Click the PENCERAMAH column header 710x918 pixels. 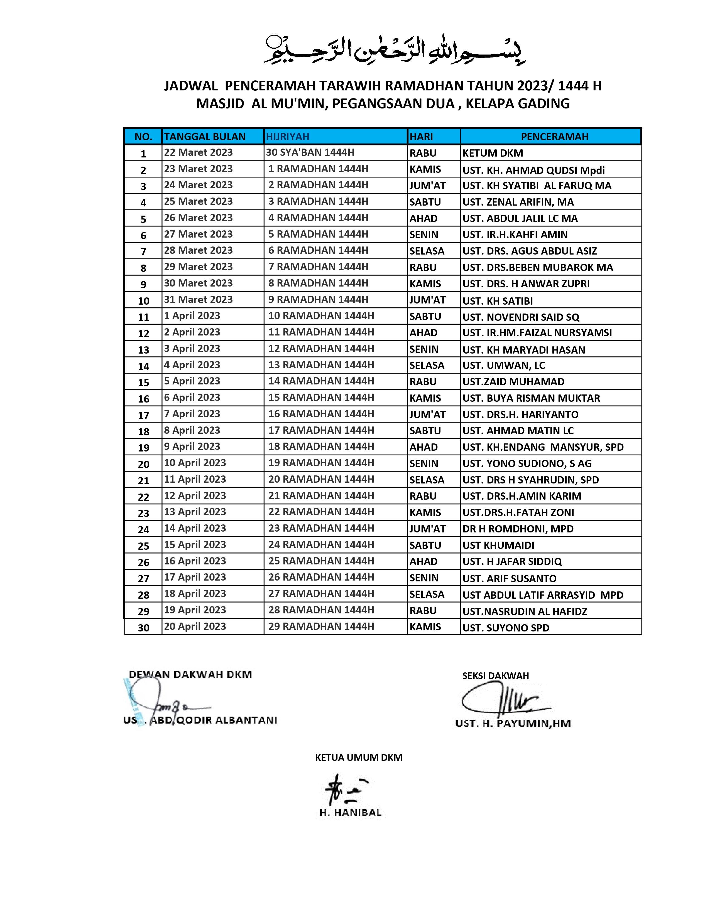554,137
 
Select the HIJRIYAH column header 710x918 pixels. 288,137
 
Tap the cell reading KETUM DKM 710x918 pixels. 493,153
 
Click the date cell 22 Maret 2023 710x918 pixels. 198,152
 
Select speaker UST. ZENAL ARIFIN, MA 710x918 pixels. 518,202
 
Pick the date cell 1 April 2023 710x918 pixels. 192,316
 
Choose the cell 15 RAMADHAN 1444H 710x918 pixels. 321,398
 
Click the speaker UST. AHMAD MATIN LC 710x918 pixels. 518,431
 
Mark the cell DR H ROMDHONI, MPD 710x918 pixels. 518,529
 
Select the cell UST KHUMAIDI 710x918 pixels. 498,545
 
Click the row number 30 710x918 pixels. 143,628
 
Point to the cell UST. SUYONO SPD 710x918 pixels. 506,628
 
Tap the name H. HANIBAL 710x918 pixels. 350,813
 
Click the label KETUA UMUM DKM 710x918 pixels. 358,757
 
